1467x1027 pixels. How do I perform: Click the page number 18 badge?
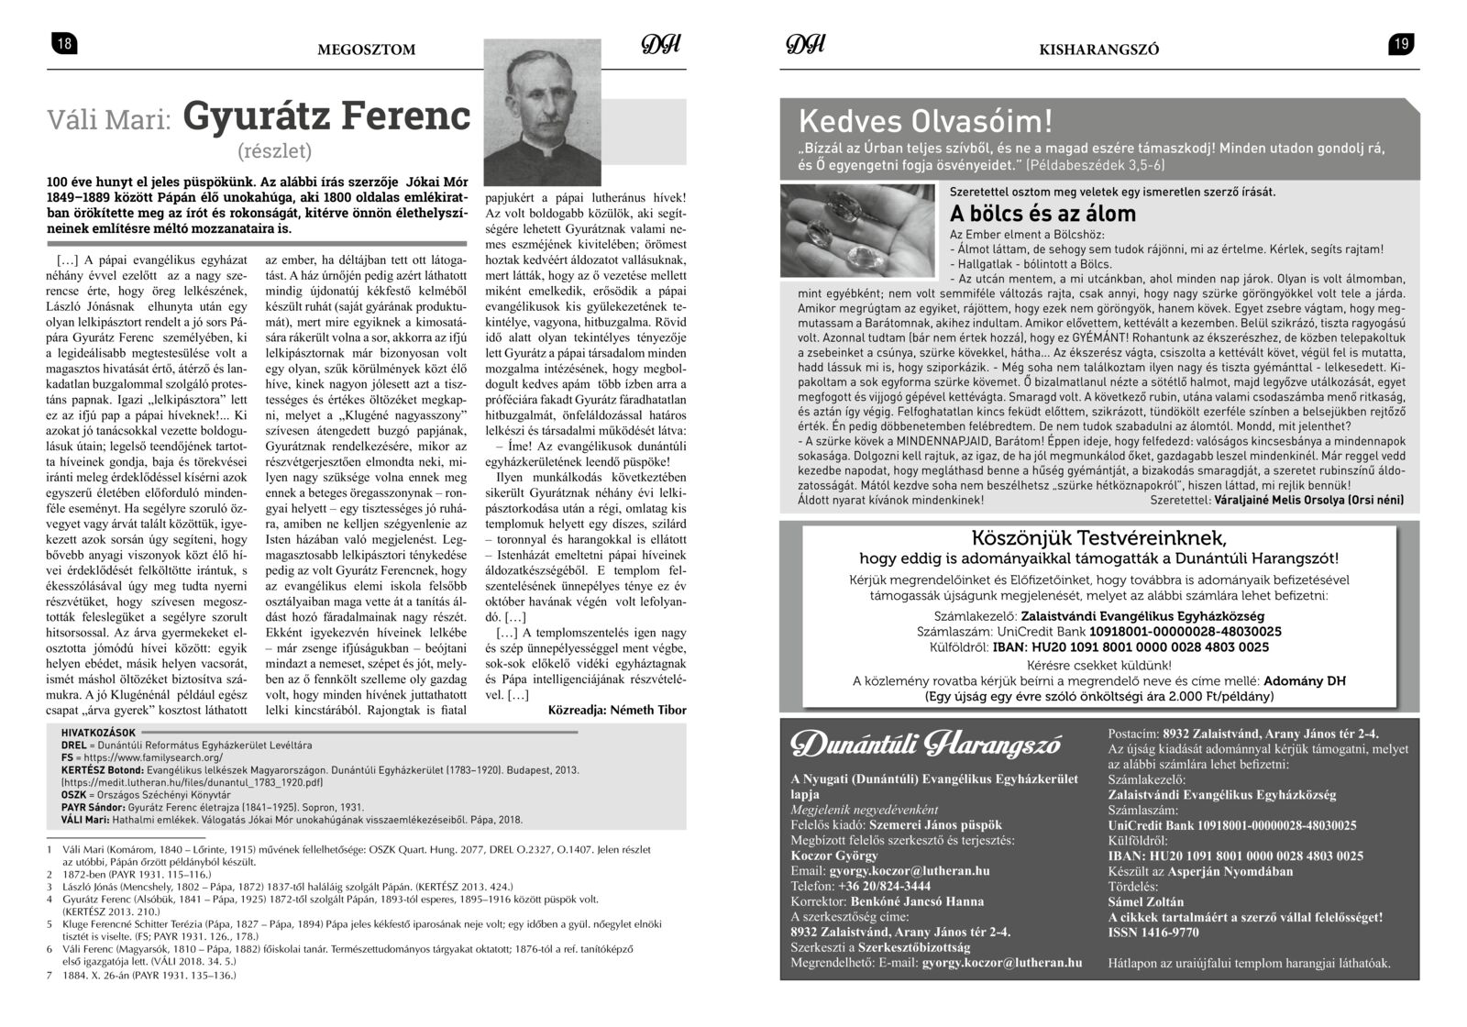pyautogui.click(x=64, y=44)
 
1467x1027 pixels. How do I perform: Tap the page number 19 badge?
pyautogui.click(x=1401, y=44)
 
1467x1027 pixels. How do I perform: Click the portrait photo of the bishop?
pyautogui.click(x=542, y=112)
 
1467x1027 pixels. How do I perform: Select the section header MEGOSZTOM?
pyautogui.click(x=366, y=50)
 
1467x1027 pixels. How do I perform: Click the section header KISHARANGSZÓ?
pyautogui.click(x=1099, y=50)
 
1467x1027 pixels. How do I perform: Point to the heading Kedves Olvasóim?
pyautogui.click(x=926, y=121)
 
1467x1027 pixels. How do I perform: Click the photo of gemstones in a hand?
pyautogui.click(x=862, y=231)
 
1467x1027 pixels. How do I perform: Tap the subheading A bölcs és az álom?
pyautogui.click(x=1042, y=214)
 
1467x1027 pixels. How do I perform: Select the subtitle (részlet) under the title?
pyautogui.click(x=275, y=150)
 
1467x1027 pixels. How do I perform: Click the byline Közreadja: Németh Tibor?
pyautogui.click(x=616, y=710)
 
